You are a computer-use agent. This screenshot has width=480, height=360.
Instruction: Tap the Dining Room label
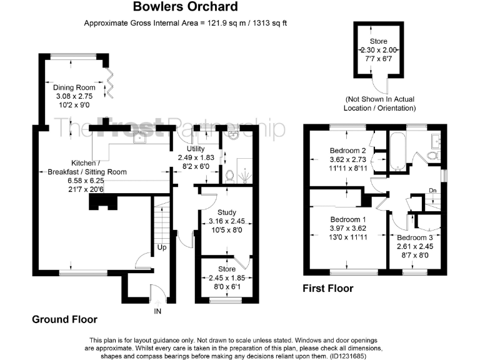pyautogui.click(x=74, y=87)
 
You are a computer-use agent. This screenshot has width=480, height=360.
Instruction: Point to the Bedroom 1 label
pyautogui.click(x=349, y=219)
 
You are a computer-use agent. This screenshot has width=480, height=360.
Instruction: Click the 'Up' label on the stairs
pyautogui.click(x=162, y=248)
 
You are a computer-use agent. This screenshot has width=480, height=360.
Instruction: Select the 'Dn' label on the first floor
pyautogui.click(x=432, y=191)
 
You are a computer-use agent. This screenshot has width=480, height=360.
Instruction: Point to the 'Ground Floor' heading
pyautogui.click(x=64, y=319)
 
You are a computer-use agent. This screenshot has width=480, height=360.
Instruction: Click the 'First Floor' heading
pyautogui.click(x=328, y=288)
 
